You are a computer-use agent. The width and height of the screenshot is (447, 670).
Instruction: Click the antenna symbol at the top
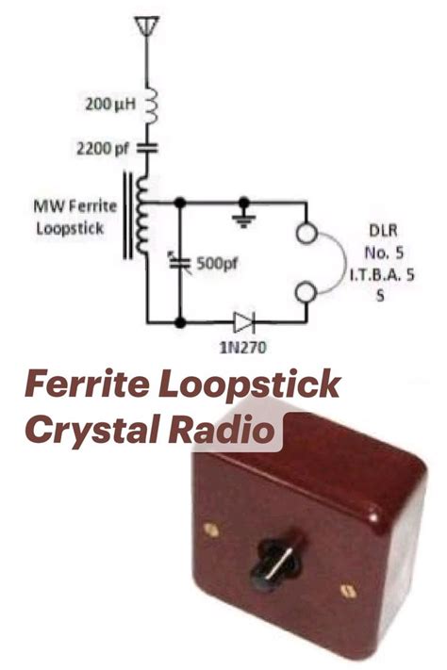[x=147, y=26]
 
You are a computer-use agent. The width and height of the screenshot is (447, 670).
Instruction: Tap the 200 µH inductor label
[x=110, y=104]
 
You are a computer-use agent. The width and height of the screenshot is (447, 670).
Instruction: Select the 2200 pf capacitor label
[x=102, y=149]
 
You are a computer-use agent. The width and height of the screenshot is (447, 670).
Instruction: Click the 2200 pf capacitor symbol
[x=147, y=149]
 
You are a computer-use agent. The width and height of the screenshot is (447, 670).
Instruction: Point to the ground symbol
[x=244, y=219]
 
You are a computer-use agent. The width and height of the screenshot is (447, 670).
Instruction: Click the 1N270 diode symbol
[x=244, y=322]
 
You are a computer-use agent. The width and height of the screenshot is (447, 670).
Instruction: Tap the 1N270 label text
[x=242, y=348]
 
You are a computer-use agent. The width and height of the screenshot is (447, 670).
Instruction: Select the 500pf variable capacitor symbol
[x=180, y=263]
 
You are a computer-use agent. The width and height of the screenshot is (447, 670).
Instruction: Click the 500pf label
[x=217, y=263]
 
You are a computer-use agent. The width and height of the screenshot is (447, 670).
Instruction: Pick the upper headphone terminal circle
[x=306, y=234]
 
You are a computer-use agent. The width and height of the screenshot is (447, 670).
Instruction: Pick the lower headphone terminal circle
[x=306, y=292]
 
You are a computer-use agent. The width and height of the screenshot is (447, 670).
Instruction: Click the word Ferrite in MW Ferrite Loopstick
[x=92, y=206]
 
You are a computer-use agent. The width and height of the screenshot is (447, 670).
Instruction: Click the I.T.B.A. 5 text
[x=382, y=275]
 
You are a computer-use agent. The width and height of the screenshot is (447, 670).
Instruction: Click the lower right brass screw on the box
[x=348, y=591]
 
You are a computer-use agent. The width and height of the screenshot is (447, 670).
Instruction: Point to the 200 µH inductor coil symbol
[x=151, y=106]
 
